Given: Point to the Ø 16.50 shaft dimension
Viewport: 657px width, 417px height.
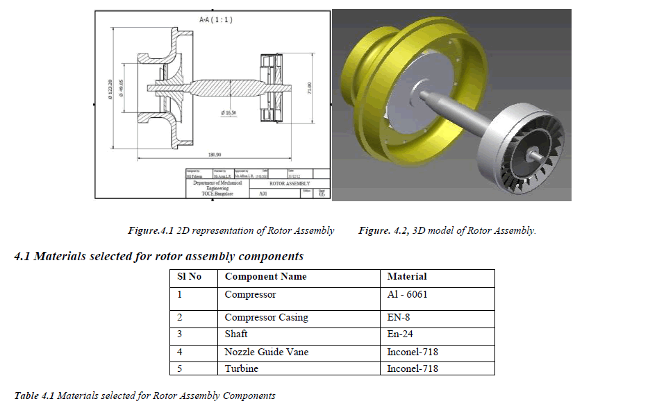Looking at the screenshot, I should point(229,112).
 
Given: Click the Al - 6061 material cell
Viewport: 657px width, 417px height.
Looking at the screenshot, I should point(407,294).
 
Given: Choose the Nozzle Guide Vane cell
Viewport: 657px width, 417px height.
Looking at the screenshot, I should point(266,352).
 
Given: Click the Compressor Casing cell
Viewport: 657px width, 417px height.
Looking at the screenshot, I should point(266,317).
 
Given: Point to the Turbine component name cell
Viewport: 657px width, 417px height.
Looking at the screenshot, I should point(241,368).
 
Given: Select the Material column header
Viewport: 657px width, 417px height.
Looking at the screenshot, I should point(407,276).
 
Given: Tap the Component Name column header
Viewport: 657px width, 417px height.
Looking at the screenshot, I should point(265,276).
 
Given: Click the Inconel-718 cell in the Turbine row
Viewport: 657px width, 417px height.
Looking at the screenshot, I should point(413,368).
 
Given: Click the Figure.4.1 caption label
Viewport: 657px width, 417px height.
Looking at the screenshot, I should point(151,230).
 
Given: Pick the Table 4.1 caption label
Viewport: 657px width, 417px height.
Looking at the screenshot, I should point(35,395).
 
